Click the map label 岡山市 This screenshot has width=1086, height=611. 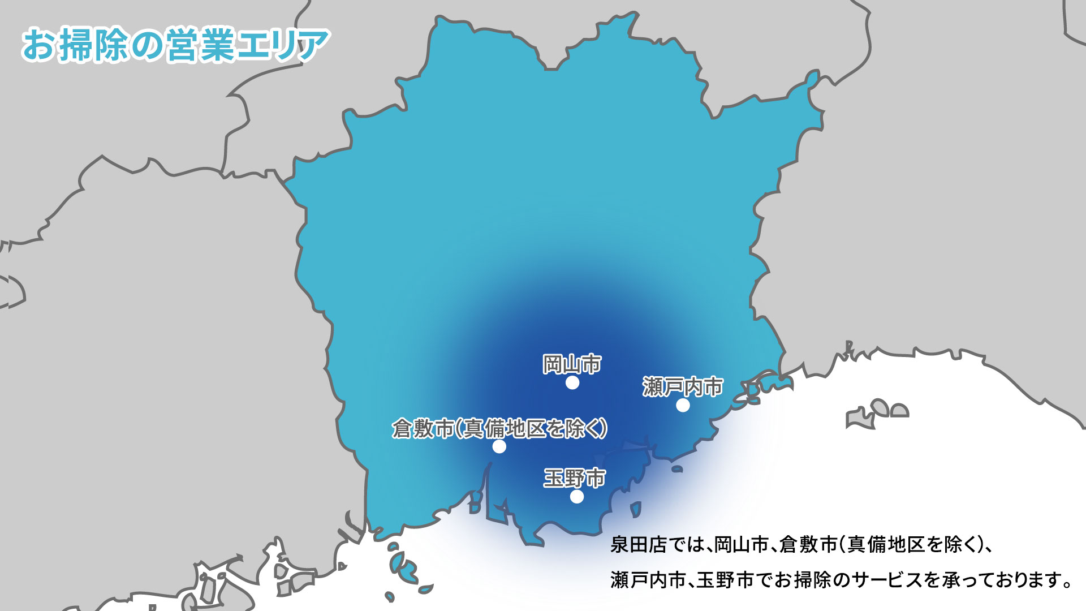(x=572, y=364)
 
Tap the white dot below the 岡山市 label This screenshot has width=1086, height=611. (x=572, y=383)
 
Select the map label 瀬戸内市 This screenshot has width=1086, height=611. (x=683, y=387)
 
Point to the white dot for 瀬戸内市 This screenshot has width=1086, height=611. (x=683, y=405)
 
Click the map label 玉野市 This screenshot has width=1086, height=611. (x=574, y=478)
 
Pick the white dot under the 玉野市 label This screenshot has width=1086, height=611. (x=576, y=497)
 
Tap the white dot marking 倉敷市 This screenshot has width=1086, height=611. (x=499, y=447)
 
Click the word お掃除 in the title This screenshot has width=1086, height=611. (x=76, y=45)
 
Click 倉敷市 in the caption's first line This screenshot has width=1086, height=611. (x=808, y=545)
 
